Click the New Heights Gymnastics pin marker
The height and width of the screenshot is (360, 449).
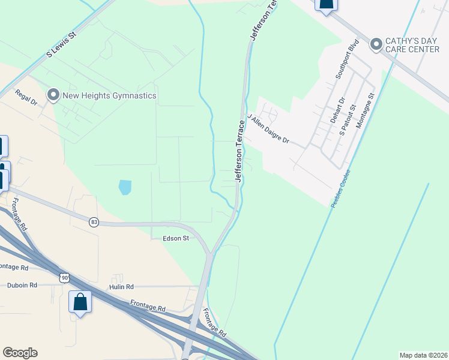click(53, 95)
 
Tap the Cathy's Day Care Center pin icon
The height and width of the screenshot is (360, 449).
click(376, 44)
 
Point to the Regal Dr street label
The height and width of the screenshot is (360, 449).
click(26, 97)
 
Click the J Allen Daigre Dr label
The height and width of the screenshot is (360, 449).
click(268, 131)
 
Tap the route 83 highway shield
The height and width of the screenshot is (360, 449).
click(94, 222)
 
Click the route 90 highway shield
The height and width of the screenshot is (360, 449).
click(64, 277)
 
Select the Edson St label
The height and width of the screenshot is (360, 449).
click(176, 238)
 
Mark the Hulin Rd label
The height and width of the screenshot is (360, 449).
click(121, 287)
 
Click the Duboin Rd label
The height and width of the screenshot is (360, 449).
click(22, 285)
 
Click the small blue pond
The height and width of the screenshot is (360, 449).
click(125, 187)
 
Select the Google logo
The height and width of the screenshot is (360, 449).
click(20, 353)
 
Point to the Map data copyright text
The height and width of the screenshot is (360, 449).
click(423, 355)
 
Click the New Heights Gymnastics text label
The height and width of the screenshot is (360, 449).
click(110, 95)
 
